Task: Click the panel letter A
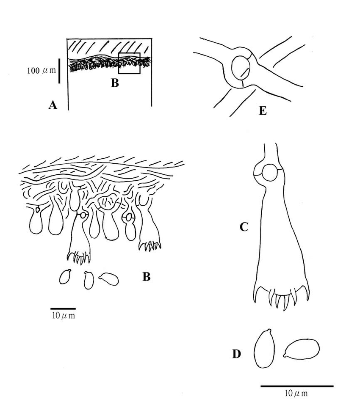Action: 53,105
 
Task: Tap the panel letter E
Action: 263,110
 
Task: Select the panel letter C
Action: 244,227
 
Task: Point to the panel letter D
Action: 237,354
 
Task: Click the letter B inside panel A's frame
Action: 115,83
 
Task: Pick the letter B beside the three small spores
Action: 147,277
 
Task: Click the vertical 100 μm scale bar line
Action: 59,71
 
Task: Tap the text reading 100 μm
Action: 42,71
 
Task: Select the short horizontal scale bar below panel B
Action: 63,309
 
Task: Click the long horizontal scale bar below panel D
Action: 297,386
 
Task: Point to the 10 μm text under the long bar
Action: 296,393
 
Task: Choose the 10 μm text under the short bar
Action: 64,316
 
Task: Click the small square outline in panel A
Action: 129,63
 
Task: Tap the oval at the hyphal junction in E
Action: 241,67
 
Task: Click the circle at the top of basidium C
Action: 269,172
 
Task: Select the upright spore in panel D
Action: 264,348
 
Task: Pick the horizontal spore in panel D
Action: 301,349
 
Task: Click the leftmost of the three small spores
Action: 65,276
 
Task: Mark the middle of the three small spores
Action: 89,280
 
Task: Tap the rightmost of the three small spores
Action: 108,279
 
